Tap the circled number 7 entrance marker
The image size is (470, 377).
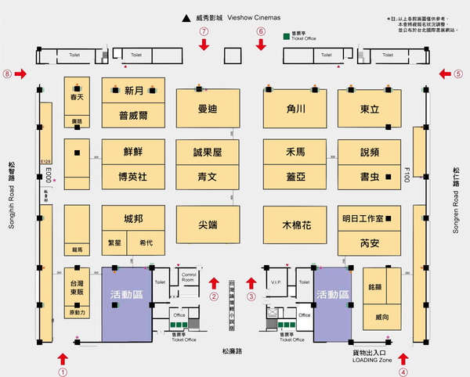204,31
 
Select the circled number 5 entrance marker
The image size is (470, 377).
458,74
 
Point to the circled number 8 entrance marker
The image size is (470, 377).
8,74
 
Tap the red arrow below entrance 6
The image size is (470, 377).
262,45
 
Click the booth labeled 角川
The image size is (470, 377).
295,110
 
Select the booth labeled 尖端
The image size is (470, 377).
207,223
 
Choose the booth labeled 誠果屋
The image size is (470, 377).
208,152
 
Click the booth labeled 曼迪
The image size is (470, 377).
207,110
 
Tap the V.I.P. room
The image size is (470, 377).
275,282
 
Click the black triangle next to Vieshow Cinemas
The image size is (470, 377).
186,17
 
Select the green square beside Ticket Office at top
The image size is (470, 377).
285,36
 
